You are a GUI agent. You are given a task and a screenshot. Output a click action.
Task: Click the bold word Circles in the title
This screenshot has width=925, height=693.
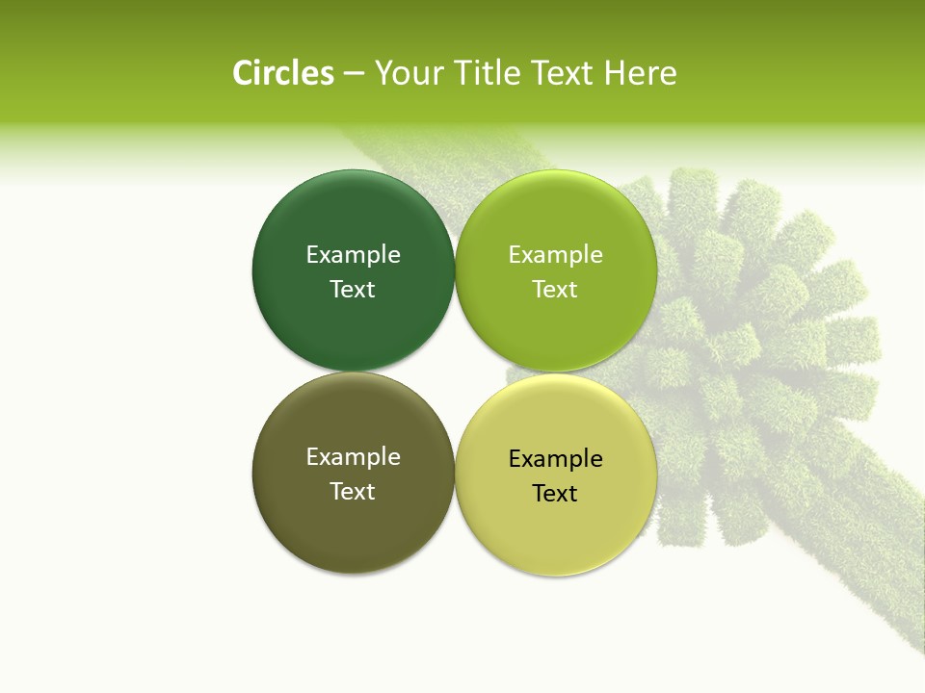coord(282,73)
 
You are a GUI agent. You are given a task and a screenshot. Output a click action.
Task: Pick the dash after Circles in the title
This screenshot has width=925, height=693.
coord(354,74)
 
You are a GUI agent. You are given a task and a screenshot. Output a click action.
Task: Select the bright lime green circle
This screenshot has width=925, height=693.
coord(555,327)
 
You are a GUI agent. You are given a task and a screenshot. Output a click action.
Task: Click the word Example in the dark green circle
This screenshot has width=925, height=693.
coord(353,254)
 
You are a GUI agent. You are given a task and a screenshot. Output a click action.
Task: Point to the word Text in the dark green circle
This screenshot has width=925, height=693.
coord(353,289)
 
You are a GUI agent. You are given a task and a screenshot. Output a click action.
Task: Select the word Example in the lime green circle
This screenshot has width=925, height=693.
coord(555,254)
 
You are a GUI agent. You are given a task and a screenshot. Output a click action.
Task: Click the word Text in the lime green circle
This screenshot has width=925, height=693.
coord(555,289)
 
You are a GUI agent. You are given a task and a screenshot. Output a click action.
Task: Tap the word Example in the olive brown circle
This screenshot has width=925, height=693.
coord(353,456)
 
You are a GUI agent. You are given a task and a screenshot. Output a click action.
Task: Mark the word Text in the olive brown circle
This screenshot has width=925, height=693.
coord(353,491)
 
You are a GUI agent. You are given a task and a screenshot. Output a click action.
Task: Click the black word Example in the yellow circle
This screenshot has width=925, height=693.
coord(555,458)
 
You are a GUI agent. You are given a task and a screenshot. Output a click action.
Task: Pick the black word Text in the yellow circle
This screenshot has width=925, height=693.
coord(555,493)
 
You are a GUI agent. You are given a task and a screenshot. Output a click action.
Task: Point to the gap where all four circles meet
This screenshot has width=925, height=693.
coord(454,372)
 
